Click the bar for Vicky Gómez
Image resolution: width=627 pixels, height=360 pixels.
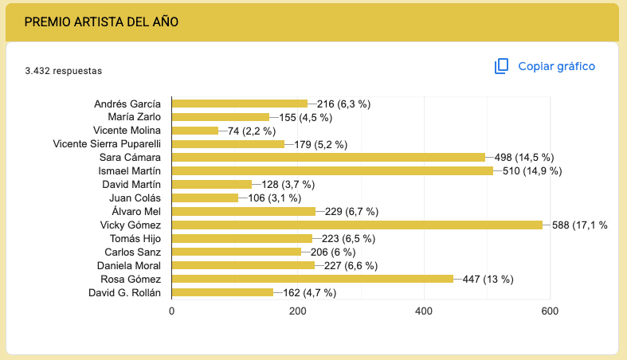click(x=357, y=225)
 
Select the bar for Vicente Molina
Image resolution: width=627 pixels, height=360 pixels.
click(x=194, y=131)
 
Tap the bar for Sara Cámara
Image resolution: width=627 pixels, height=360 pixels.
click(x=328, y=157)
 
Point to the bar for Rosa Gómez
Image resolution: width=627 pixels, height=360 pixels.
click(x=312, y=279)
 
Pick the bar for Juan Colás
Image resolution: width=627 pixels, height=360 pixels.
click(x=205, y=198)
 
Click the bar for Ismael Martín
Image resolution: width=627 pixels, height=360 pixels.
click(x=332, y=170)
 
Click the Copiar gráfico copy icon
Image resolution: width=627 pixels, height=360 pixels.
click(x=501, y=66)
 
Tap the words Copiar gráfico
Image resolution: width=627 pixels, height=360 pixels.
click(x=556, y=66)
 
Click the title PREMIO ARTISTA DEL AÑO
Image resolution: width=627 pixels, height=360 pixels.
click(x=101, y=22)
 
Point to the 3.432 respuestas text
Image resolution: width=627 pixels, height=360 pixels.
click(x=63, y=71)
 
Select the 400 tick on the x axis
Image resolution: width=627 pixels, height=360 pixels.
click(x=424, y=311)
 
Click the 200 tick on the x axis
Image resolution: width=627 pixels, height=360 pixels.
click(x=298, y=311)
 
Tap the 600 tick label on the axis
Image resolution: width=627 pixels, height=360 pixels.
click(x=550, y=311)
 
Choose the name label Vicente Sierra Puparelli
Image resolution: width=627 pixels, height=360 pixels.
click(x=107, y=144)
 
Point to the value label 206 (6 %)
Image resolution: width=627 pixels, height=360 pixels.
click(x=338, y=252)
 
